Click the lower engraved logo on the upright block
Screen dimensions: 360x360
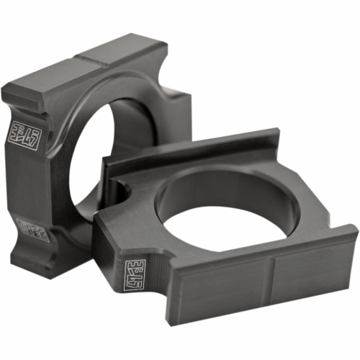pos(32,233)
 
